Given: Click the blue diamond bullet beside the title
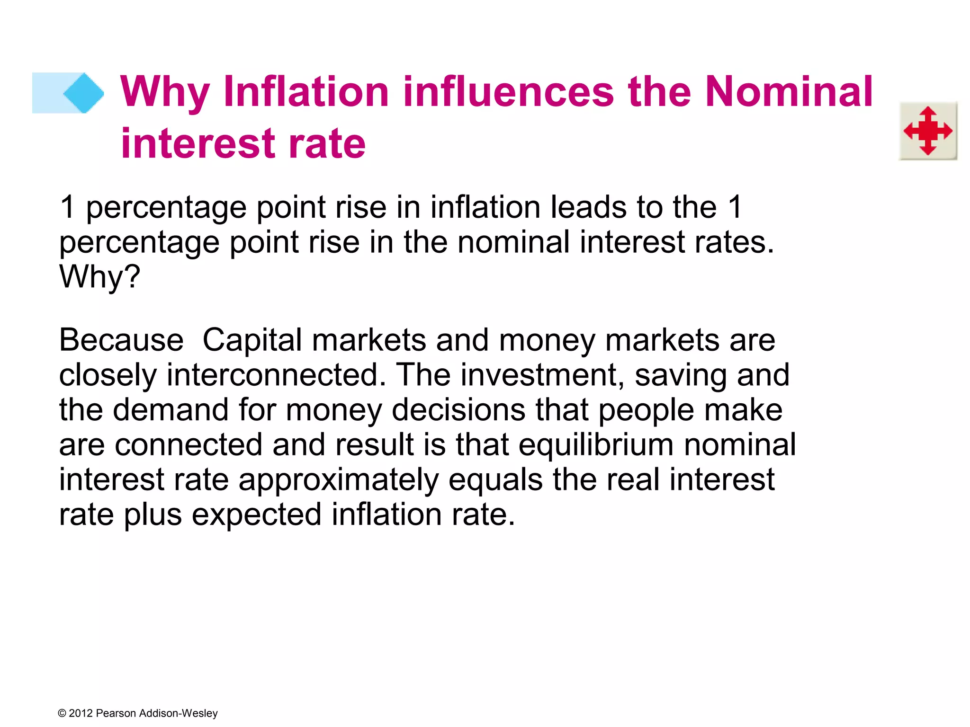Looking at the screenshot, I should (83, 93).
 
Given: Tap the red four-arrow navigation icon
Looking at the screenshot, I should (928, 131).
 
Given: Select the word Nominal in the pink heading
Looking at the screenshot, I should (789, 92).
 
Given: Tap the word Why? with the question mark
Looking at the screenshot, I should (100, 276).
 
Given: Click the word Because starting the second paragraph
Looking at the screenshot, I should (121, 340).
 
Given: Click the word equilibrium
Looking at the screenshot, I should (596, 445).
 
